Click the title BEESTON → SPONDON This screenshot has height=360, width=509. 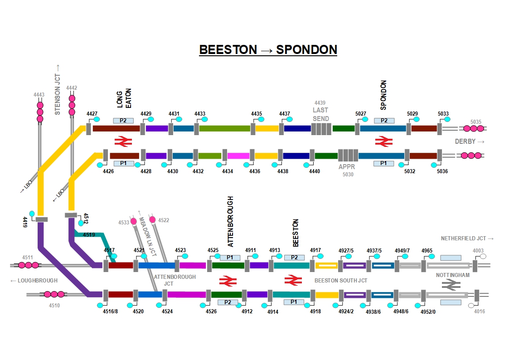coord(268,49)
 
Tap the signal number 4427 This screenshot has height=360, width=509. coord(92,114)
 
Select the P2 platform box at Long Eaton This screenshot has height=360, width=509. coord(126,121)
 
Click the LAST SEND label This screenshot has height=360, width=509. coord(320,114)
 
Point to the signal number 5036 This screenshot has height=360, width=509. coord(442,171)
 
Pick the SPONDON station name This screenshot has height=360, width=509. coord(383,95)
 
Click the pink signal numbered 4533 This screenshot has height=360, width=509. coord(134,221)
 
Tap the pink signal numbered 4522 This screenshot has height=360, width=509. coord(152,220)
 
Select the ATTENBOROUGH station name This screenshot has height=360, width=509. coord(230,221)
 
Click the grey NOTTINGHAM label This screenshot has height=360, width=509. coord(453,275)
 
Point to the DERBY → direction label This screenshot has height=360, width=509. coord(470,142)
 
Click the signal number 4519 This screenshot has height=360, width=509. coord(89,234)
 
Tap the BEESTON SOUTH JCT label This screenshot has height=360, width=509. coord(341,281)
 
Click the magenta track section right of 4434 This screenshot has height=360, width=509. coord(238,156)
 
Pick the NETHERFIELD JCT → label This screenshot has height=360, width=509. coord(467,238)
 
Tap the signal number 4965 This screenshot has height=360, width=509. coord(427,250)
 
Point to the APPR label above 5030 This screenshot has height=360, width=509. coord(347,166)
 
